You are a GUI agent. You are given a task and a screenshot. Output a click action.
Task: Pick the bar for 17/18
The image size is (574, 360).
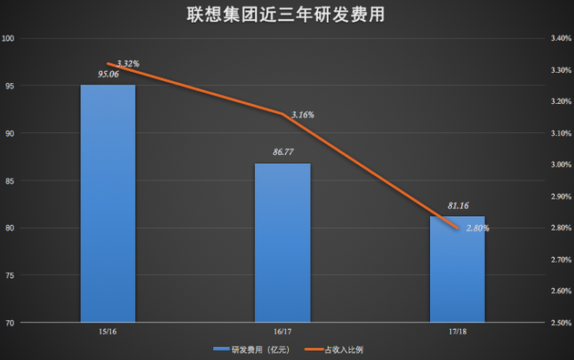456,269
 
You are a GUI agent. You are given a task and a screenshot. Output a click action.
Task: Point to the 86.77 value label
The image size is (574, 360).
282,153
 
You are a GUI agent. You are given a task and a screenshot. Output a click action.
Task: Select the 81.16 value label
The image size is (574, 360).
456,206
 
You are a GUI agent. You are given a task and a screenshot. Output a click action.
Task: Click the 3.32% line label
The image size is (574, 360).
128,64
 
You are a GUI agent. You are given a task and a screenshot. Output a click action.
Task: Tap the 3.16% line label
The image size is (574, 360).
302,115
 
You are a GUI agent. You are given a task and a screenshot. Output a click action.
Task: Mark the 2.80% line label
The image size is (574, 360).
477,228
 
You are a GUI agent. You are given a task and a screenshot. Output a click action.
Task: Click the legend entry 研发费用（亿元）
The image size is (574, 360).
252,349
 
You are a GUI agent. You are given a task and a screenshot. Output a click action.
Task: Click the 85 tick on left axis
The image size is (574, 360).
11,180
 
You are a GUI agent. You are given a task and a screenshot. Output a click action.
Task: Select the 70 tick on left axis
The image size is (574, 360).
11,323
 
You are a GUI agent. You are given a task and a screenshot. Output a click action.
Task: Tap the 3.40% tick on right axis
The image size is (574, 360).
557,38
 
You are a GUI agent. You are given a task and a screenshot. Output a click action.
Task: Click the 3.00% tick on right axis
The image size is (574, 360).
557,165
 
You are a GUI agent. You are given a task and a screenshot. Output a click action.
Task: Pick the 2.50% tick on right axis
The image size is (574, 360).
557,323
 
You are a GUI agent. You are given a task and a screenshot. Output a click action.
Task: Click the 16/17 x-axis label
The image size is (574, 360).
282,334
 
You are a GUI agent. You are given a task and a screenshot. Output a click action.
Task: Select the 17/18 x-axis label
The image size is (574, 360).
456,334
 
